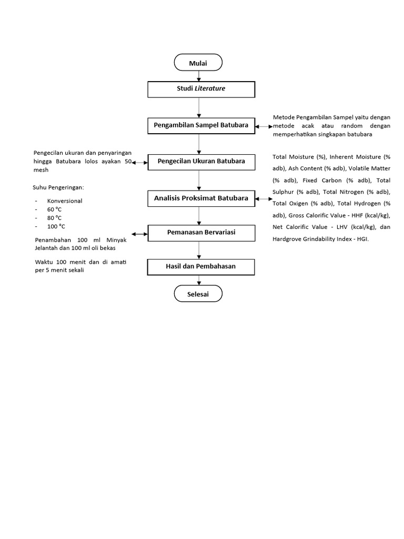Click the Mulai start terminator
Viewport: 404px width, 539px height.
pos(198,63)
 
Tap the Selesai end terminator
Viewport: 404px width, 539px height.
pos(198,294)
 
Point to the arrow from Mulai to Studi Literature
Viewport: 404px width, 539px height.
pos(198,76)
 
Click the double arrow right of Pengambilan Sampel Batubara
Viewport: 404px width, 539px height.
pos(264,126)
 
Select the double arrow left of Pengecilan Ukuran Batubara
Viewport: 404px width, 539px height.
pos(140,163)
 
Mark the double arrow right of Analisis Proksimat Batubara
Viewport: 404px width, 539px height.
pos(264,199)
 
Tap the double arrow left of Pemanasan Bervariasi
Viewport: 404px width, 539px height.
pos(140,234)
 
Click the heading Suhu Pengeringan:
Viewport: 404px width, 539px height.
pos(58,187)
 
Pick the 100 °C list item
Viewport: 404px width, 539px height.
pos(56,226)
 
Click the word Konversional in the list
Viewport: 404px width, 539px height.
pos(65,201)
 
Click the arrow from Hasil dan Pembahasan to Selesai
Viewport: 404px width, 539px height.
pos(198,281)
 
